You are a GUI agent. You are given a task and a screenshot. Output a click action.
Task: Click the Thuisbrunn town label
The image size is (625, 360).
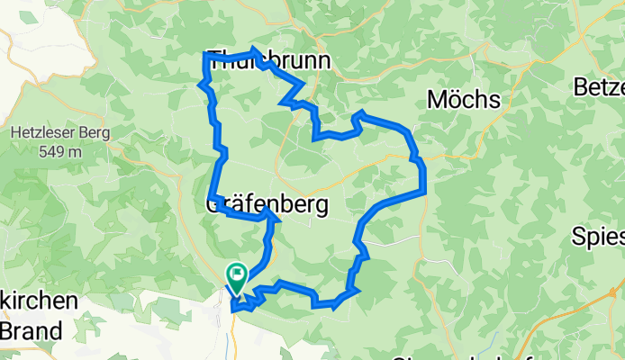point(268,60)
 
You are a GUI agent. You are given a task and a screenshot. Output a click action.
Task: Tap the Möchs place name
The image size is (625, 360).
point(463,99)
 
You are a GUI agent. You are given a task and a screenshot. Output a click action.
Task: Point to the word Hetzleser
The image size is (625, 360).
point(47,133)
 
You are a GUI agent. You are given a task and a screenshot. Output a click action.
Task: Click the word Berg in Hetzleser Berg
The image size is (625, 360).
point(95,133)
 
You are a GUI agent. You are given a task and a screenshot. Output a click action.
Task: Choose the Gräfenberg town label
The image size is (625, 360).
point(267,205)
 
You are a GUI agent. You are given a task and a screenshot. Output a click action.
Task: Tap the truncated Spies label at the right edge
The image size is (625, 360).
point(599,237)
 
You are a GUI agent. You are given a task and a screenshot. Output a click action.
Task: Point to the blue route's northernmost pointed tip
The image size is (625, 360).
point(255,49)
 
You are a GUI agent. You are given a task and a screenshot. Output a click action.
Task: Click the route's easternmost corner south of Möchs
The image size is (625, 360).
point(422,191)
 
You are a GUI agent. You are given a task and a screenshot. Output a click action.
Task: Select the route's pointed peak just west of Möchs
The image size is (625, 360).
point(361,112)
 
